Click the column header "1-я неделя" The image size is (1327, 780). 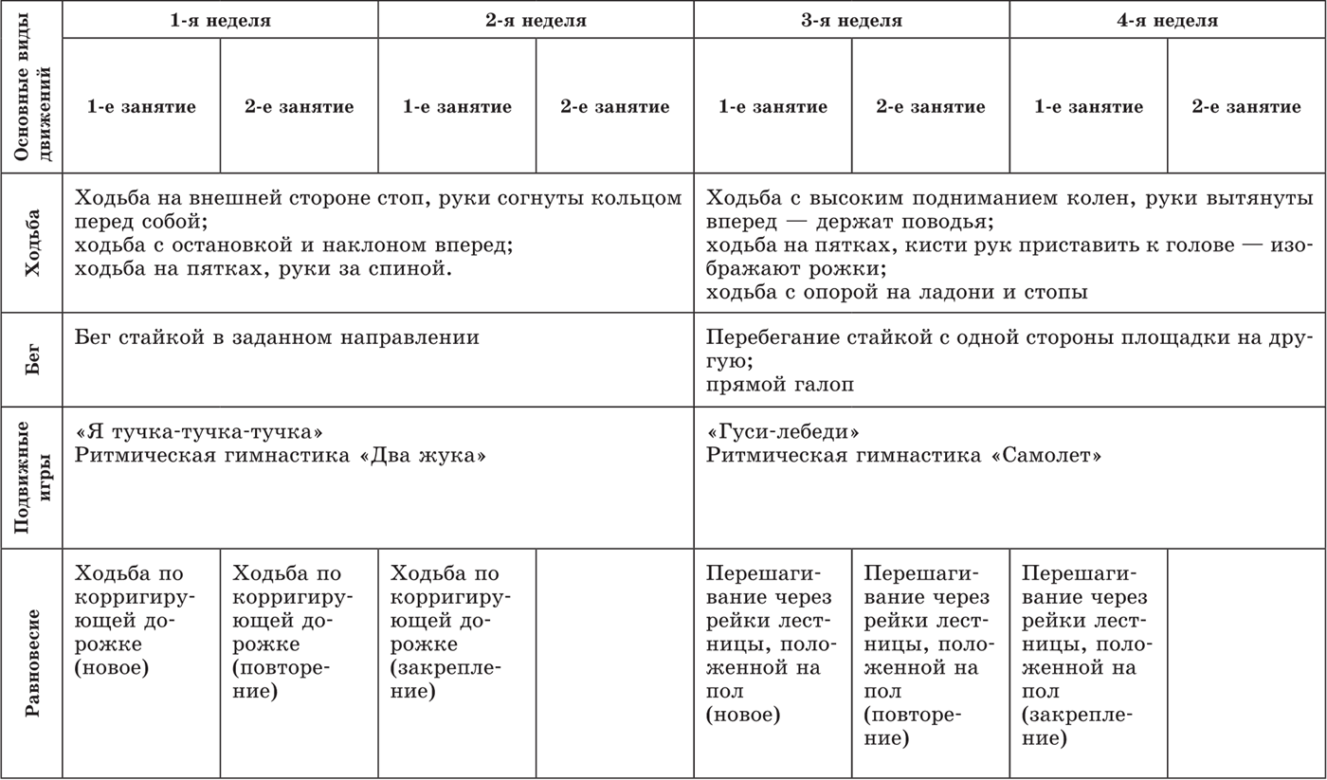(x=220, y=20)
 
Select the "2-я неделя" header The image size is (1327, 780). (x=536, y=20)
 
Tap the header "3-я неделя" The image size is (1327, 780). (x=851, y=20)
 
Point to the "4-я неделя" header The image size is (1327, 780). (x=1167, y=20)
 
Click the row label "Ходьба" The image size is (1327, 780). (x=32, y=243)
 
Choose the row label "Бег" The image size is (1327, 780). (x=32, y=360)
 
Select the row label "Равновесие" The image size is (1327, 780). (x=32, y=663)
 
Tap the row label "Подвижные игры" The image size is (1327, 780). (x=32, y=478)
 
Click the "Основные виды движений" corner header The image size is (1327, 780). (x=32, y=87)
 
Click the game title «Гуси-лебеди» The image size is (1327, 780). (x=783, y=432)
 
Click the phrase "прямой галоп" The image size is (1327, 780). (x=780, y=385)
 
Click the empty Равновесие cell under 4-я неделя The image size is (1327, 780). (x=1245, y=663)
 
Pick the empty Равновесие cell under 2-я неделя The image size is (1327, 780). (x=614, y=663)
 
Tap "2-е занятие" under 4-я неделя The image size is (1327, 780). (x=1245, y=106)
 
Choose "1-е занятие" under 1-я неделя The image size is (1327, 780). (x=141, y=106)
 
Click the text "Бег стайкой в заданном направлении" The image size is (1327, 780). (x=277, y=337)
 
